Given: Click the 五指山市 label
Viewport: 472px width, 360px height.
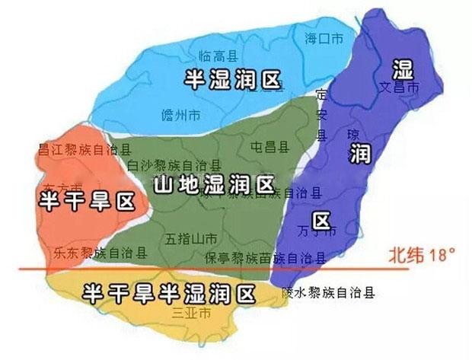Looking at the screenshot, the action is pyautogui.click(x=191, y=237).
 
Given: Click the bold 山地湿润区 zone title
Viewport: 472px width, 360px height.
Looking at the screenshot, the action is pyautogui.click(x=213, y=184).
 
